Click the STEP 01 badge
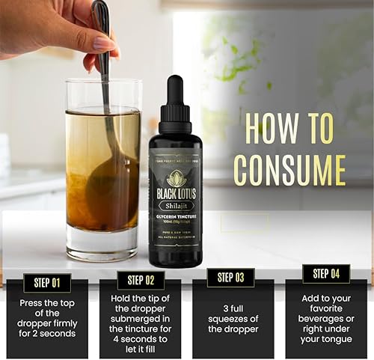(46, 283)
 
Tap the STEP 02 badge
(140, 281)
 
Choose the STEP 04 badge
(325, 274)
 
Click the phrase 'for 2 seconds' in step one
(46, 334)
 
